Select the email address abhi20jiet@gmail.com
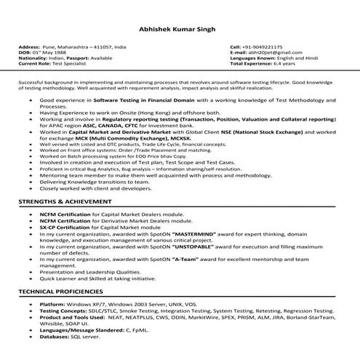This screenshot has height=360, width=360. point(271,52)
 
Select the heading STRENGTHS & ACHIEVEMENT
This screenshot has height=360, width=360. point(71,201)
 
